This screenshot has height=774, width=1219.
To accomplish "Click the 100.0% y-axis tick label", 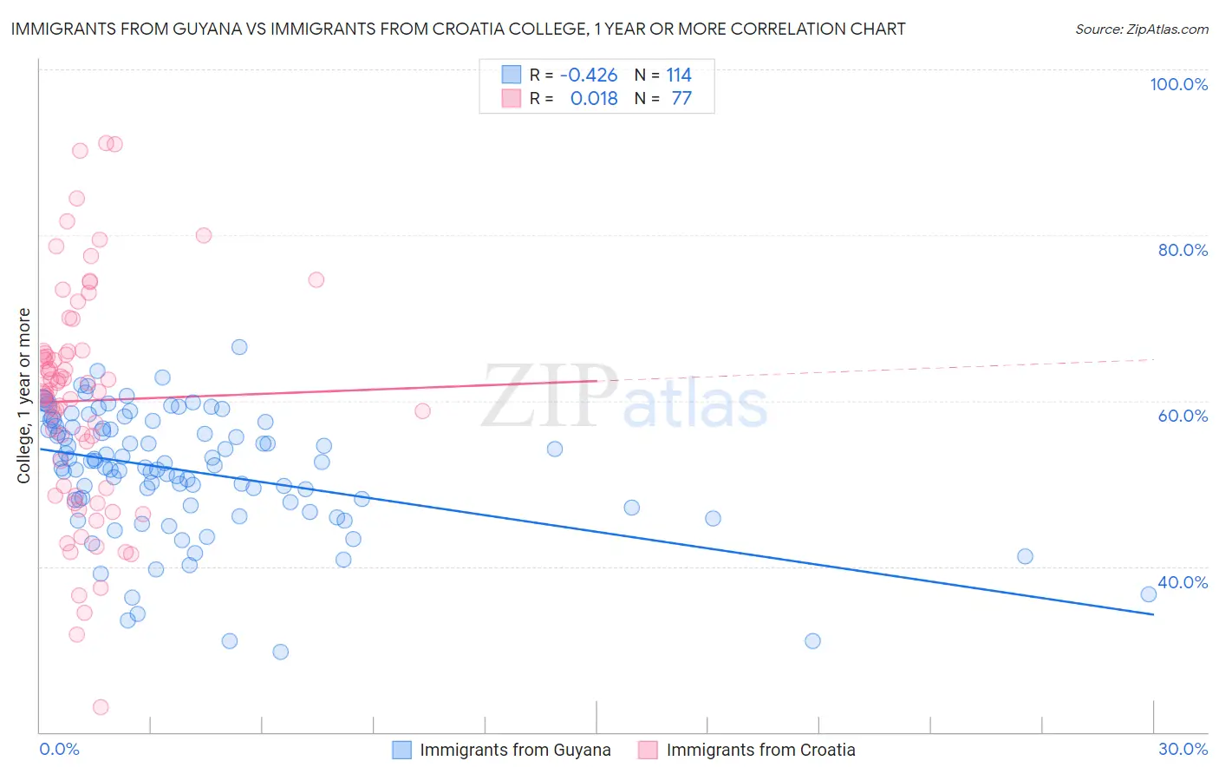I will pos(1178,84).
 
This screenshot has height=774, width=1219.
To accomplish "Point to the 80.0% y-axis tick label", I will pos(1183,250).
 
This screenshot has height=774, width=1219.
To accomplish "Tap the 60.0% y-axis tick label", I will pos(1183,416).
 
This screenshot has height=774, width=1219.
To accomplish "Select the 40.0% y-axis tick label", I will pos(1183,582).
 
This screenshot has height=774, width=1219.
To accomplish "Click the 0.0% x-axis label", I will pos(59,749).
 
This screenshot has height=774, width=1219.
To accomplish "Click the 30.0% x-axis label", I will pos(1183,749).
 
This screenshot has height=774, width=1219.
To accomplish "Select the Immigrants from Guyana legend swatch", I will pos(401,750).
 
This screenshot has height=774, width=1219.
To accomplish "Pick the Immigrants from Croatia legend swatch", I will pos(648,750).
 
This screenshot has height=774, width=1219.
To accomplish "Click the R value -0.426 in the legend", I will pos(589,75).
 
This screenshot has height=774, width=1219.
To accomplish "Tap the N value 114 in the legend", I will pos(679,75).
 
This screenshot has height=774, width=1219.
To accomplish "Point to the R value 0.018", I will pos(594,98).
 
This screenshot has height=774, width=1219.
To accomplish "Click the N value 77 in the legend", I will pos(681,98).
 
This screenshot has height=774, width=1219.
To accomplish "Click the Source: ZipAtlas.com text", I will pos(1141,29).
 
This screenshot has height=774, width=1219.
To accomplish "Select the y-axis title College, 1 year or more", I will pos(24,396).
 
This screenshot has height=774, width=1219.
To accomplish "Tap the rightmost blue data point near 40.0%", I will pos(1149,594).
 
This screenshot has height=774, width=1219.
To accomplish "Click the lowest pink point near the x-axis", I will pos(101,707).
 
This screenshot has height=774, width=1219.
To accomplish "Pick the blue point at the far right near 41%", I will pos(1025,556).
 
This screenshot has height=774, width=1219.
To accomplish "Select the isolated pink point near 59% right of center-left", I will pos(422,411).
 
